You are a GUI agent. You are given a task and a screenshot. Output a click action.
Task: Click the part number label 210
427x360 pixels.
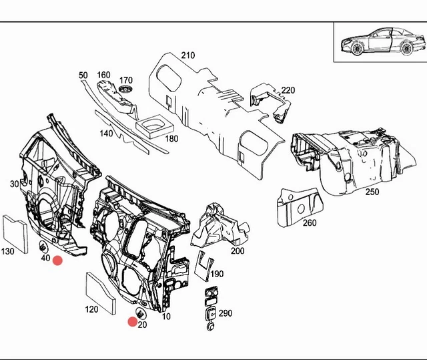point(188,55)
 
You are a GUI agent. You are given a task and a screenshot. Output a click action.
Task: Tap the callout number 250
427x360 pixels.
point(372,192)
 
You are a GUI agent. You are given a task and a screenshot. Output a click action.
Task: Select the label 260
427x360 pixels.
point(310,223)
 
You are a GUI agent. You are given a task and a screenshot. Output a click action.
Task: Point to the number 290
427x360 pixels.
point(226,313)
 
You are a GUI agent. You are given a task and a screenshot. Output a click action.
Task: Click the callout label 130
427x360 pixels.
point(7,251)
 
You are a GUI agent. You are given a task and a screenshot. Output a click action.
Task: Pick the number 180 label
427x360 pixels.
point(171,139)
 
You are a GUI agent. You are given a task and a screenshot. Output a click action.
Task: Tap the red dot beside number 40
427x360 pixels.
point(57,260)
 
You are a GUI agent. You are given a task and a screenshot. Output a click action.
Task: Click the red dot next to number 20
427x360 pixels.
point(133,322)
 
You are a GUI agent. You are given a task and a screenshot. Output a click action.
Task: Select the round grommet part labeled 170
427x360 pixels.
point(125,89)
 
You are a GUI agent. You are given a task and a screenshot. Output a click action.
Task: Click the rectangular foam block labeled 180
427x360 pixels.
point(154,126)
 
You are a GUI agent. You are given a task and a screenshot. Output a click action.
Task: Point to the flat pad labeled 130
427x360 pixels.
point(15,234)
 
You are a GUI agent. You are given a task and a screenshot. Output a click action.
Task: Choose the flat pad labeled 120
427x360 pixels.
point(101,293)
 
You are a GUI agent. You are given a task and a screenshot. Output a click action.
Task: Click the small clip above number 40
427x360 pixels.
point(43,247)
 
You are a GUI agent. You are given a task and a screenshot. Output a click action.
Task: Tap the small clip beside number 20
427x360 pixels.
point(141,314)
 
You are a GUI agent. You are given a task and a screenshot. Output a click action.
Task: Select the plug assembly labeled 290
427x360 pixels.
point(210,308)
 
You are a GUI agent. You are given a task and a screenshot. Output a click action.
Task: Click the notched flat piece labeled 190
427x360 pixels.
point(203,266)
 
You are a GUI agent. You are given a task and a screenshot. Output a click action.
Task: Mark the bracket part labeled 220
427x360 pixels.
point(270,102)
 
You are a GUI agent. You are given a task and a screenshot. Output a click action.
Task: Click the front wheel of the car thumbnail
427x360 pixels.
point(358,49)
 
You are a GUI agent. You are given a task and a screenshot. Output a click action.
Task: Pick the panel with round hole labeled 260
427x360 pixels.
point(300,207)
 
